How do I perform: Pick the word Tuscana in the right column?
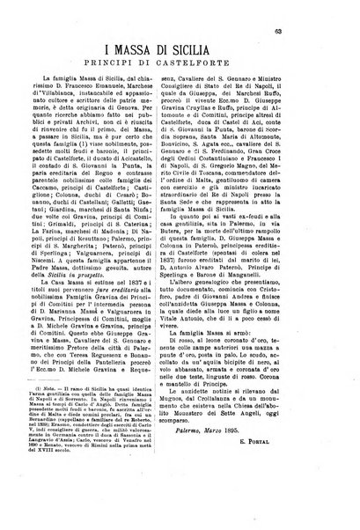tap(237, 217)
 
